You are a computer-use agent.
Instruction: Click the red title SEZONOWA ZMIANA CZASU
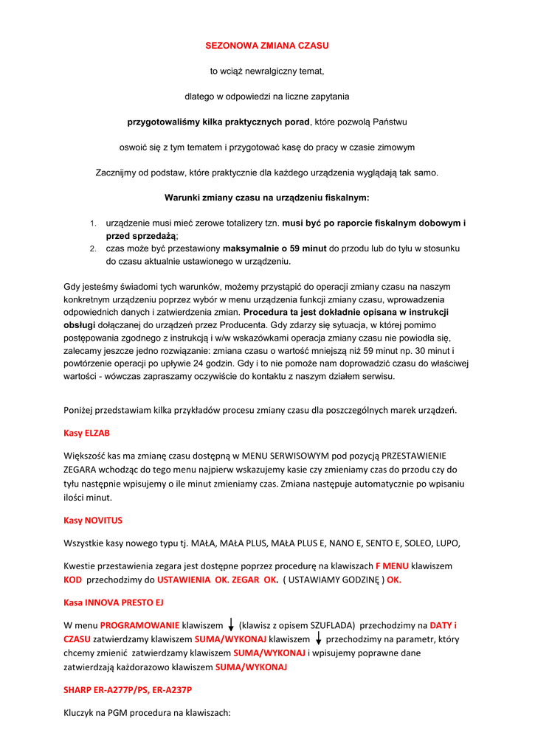click(266, 46)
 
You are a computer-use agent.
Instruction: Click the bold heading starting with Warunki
click(266, 198)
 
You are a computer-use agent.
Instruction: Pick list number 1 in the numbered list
click(94, 223)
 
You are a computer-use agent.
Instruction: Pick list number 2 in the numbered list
click(94, 248)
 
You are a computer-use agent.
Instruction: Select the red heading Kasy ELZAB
click(86, 433)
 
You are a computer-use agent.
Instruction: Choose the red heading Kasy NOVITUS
click(93, 521)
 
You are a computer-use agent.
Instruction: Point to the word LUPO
click(445, 544)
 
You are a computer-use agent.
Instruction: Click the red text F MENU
click(392, 566)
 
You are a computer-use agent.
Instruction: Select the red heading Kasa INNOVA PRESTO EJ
click(114, 602)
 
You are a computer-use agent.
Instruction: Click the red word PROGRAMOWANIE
click(139, 625)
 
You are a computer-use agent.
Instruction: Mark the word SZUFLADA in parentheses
click(332, 625)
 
